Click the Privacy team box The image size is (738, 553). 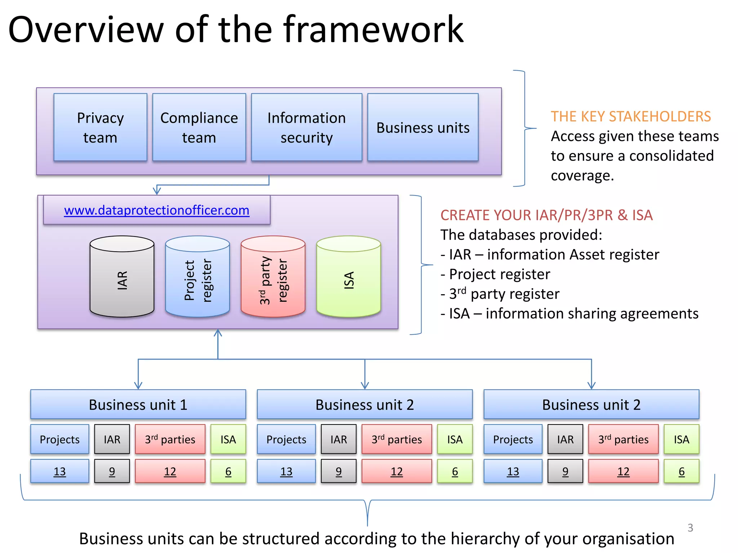pos(100,127)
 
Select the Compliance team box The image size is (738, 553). pos(199,127)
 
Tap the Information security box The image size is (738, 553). pos(306,127)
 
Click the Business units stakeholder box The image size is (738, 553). pos(423,127)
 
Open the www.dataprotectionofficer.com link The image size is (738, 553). pos(156,210)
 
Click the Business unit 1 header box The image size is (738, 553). pos(138,405)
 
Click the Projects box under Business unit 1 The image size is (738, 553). pos(59,439)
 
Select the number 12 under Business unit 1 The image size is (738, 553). pos(170,471)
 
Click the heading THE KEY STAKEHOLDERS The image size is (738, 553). pos(631,117)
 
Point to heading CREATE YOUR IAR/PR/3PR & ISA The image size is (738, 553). pos(546,215)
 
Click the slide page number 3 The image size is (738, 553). pos(690,528)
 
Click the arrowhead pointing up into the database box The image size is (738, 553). pos(218,333)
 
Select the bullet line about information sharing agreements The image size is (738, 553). pos(569,314)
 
